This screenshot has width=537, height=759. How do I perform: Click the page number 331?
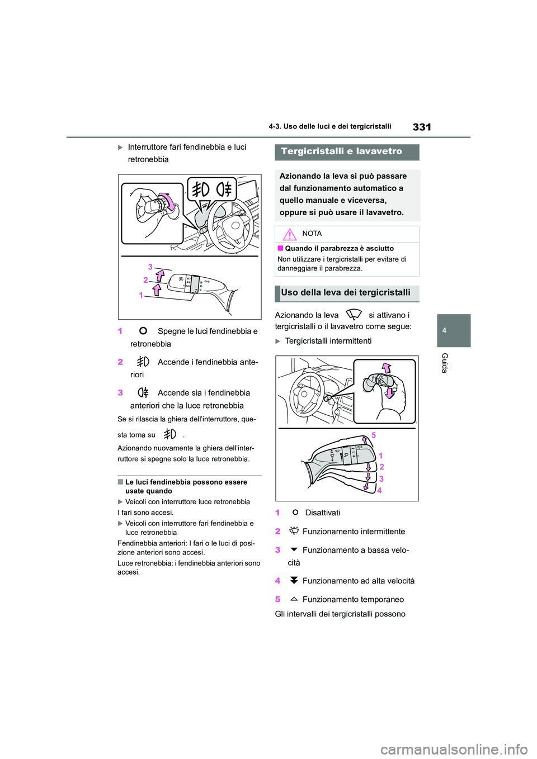(421, 127)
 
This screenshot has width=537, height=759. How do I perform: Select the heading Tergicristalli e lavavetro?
(341, 151)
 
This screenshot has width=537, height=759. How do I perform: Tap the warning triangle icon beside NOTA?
(289, 234)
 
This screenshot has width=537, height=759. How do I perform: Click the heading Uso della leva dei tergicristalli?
(346, 293)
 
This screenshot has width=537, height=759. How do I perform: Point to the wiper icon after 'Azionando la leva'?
(354, 315)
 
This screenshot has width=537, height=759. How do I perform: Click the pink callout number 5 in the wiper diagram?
(374, 435)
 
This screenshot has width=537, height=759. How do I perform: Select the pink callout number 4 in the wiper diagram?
(379, 491)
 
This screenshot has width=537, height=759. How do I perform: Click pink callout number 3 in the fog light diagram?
(150, 267)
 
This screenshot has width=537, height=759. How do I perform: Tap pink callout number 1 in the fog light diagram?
(141, 295)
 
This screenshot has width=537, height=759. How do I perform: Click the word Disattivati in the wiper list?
(322, 513)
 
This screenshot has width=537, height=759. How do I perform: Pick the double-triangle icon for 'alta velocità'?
(294, 581)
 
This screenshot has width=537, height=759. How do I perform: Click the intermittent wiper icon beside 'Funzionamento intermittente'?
(294, 532)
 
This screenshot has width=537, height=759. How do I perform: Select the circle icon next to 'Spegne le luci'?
(143, 331)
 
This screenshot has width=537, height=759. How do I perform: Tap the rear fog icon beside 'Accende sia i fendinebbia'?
(143, 392)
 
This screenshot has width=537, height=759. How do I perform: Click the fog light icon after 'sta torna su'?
(169, 434)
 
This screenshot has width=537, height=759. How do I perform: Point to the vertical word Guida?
(445, 363)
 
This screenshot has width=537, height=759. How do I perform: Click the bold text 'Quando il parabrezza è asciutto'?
(339, 249)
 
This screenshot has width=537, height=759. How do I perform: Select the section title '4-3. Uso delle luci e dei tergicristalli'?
(329, 127)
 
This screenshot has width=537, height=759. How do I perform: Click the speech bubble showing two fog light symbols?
(211, 190)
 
